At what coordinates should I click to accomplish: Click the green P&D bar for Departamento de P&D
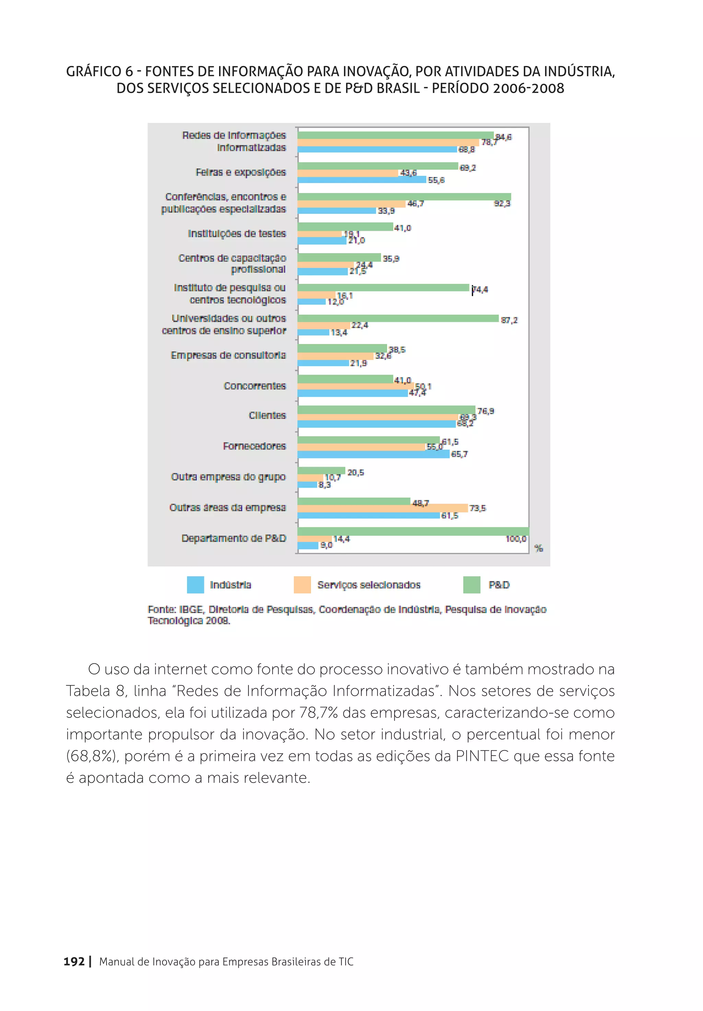(x=413, y=531)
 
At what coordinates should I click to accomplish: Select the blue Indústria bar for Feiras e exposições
(x=361, y=180)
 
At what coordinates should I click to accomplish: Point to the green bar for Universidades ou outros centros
(x=397, y=318)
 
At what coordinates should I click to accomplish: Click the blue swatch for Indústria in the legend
(x=195, y=585)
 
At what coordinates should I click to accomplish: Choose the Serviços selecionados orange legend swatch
(x=302, y=585)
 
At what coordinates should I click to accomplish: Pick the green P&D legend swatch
(x=471, y=585)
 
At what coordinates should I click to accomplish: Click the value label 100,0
(x=516, y=539)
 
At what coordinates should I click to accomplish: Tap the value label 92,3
(x=502, y=203)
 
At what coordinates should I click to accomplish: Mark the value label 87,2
(x=509, y=320)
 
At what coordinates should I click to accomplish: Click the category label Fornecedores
(x=254, y=446)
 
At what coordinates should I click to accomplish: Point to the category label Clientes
(x=267, y=416)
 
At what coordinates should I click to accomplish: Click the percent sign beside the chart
(x=538, y=548)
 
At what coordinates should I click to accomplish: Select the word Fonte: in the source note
(x=162, y=610)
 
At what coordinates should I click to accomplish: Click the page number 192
(x=74, y=962)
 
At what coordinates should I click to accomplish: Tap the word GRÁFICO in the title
(x=93, y=71)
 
